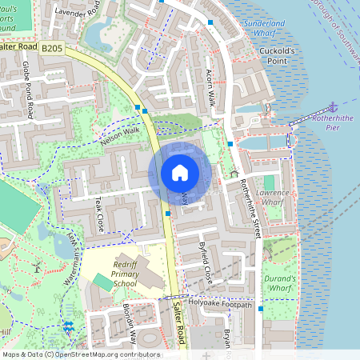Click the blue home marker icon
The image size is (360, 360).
pos(180,173)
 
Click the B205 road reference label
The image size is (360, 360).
pos(52,50)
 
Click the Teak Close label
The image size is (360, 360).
pos(100,214)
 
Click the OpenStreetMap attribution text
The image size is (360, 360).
pos(80,354)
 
